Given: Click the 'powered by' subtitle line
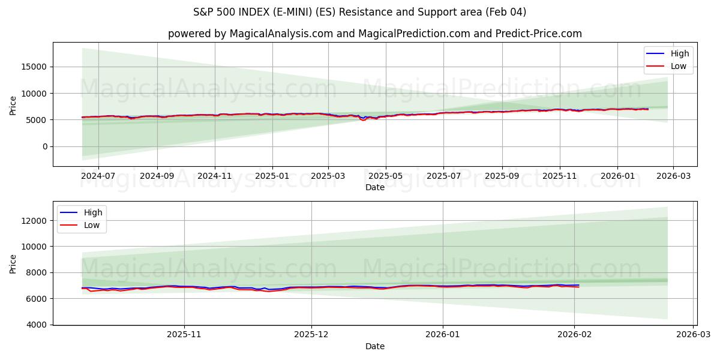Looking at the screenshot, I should click(374, 34).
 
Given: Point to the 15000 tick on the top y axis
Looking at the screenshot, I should click(36, 67).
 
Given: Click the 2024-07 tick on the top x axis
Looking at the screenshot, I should click(98, 176).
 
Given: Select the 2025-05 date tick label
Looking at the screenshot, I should click(385, 176).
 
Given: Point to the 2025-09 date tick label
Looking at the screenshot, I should click(502, 176).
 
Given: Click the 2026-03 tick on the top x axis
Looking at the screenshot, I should click(673, 176).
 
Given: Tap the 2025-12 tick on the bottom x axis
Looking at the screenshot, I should click(311, 335).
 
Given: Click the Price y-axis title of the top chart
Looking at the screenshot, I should click(13, 104).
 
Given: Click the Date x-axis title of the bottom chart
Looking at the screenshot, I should click(374, 347).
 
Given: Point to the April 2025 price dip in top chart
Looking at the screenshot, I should click(363, 120).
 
